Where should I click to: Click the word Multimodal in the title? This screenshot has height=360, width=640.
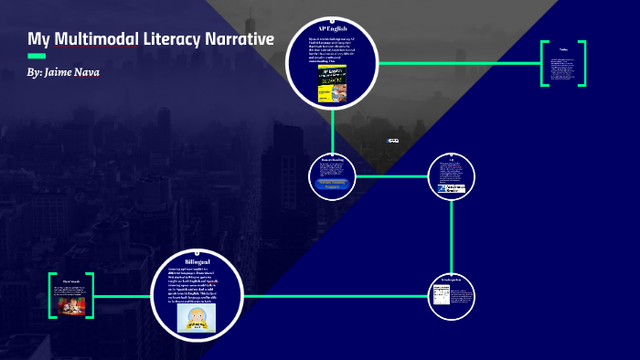(95, 39)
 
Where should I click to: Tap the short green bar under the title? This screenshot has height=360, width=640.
(37, 56)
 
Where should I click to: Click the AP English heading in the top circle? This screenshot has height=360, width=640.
(332, 30)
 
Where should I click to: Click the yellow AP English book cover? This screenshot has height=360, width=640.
(332, 82)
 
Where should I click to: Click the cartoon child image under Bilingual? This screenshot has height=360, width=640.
(197, 316)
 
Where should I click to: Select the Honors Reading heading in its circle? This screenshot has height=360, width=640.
(332, 160)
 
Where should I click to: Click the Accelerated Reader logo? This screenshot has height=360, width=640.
(451, 189)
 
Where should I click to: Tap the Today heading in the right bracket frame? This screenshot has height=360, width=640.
(563, 49)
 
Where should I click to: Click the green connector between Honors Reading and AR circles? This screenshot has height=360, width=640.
(391, 175)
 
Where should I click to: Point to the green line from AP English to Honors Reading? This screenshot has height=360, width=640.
(332, 127)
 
